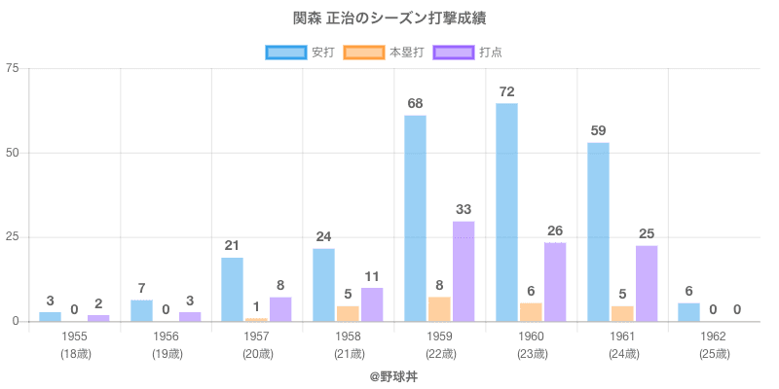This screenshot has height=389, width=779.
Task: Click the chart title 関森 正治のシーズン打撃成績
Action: pos(389,19)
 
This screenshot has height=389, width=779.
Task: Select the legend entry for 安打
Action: pos(310,52)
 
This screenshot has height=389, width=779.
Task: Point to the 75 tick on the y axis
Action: pos(13,69)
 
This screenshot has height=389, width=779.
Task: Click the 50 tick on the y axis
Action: pos(13,153)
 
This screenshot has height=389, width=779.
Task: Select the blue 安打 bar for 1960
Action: pos(506,212)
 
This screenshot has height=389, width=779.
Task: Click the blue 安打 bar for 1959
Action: pos(415,218)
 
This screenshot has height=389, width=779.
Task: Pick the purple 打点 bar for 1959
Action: pos(464,271)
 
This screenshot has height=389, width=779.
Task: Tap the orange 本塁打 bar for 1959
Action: pos(439,308)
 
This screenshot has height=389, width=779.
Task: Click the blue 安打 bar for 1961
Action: pos(598,231)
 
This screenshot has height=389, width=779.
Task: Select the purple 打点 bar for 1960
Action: pos(555,281)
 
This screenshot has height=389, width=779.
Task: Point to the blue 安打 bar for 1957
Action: pos(232,289)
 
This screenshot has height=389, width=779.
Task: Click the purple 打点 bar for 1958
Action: pos(372,303)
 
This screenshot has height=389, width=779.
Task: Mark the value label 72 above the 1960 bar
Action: pos(506,91)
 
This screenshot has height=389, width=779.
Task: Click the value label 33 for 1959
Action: pos(464,209)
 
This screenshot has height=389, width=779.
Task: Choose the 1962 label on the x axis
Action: pos(714,336)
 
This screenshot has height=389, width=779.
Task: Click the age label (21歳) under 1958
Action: pos(349,353)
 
